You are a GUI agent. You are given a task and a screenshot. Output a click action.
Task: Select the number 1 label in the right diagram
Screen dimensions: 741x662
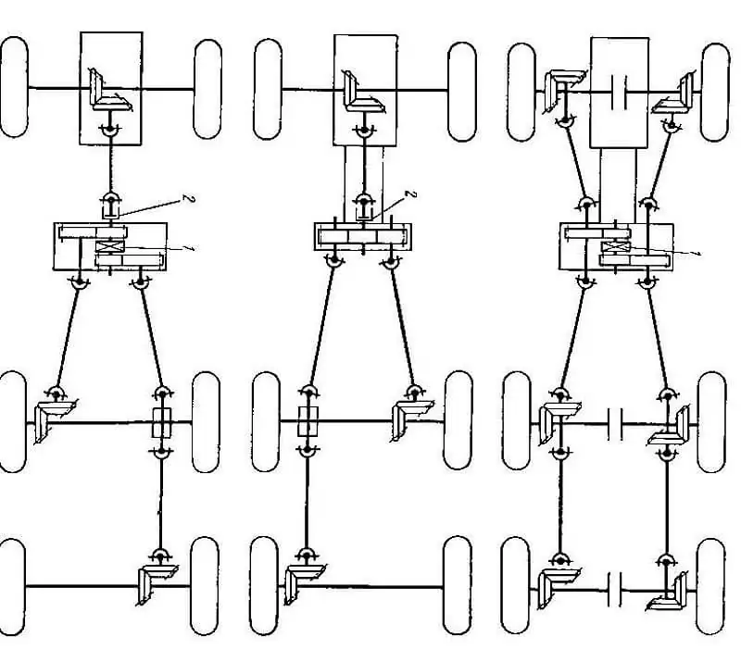click(696, 255)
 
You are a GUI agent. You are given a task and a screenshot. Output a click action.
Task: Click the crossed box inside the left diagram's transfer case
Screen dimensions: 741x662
click(109, 246)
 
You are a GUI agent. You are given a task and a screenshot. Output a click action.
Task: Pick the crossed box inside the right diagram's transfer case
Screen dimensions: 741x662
click(615, 247)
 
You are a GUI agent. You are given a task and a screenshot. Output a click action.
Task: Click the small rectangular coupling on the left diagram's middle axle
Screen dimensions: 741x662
click(161, 422)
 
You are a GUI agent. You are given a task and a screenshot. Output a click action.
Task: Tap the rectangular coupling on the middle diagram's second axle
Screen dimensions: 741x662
click(308, 421)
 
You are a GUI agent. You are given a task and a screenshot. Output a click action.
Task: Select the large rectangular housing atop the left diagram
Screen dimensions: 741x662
click(111, 88)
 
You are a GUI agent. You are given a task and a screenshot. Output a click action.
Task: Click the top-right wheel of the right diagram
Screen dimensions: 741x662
click(714, 93)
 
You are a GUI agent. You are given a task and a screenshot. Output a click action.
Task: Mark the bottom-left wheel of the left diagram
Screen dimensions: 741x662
click(11, 587)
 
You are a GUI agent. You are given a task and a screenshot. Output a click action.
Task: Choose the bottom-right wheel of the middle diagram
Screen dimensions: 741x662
click(457, 585)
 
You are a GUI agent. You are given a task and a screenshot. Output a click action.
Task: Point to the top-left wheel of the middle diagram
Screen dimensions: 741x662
click(268, 89)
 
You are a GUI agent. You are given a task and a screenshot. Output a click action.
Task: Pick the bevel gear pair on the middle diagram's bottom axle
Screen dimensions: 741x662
click(304, 583)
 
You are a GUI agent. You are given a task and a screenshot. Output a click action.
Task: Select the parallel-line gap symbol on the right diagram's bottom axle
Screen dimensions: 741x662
click(615, 589)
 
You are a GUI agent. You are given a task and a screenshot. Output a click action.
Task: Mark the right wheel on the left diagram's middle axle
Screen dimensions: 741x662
click(206, 422)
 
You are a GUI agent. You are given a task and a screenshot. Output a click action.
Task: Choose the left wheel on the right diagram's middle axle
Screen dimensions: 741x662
click(517, 421)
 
